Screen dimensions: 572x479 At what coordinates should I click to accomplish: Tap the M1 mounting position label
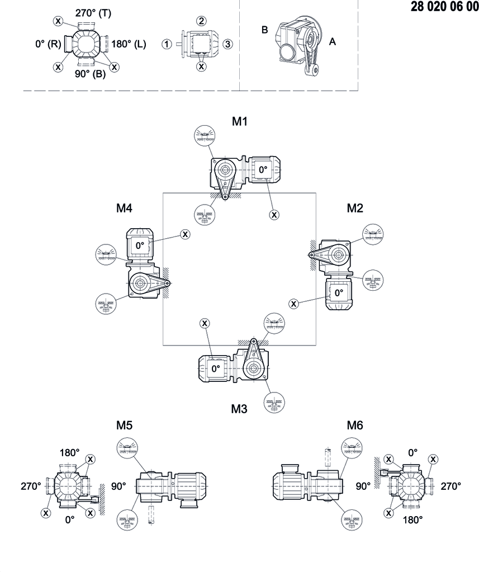click(x=240, y=121)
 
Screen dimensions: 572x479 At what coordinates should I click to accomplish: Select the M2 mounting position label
click(x=355, y=208)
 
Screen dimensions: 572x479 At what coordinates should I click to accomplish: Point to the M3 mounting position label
click(x=239, y=409)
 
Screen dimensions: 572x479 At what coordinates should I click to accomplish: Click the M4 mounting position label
click(x=124, y=208)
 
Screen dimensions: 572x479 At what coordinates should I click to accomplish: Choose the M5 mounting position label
click(x=124, y=426)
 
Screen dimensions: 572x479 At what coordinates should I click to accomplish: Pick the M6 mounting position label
click(x=355, y=426)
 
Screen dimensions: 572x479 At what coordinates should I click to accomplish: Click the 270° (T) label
click(x=93, y=12)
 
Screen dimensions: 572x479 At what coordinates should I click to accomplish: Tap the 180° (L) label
click(x=129, y=44)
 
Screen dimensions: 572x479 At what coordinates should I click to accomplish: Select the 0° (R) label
click(x=48, y=44)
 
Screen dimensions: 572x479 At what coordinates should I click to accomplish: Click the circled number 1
click(x=167, y=44)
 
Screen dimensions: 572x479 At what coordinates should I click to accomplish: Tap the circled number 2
click(x=201, y=21)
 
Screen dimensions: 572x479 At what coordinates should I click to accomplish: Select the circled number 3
click(x=227, y=44)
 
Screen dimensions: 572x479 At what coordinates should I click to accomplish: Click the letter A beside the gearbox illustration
click(x=333, y=41)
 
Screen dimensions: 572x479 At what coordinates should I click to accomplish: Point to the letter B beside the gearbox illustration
click(x=265, y=30)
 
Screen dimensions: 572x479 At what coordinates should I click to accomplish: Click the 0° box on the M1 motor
click(x=262, y=169)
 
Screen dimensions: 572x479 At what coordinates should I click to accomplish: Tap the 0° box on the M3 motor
click(x=215, y=368)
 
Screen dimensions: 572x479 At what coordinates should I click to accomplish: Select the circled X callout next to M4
click(x=185, y=234)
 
